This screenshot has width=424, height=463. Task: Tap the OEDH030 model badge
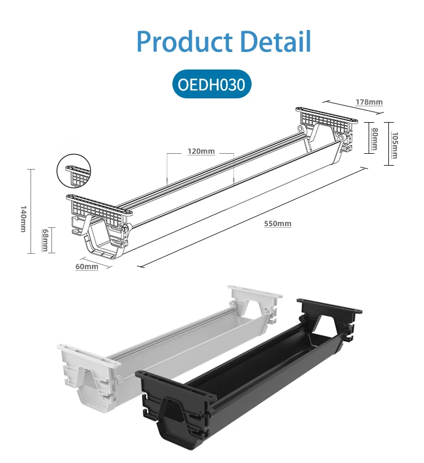(x=211, y=85)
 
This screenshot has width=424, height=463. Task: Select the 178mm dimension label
(x=369, y=102)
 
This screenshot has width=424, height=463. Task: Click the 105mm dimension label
(x=395, y=145)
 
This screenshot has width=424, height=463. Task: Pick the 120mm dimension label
(x=201, y=152)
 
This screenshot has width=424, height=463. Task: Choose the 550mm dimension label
(x=278, y=224)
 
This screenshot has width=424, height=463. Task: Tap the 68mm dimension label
(x=45, y=240)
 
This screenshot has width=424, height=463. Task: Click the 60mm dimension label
(x=86, y=266)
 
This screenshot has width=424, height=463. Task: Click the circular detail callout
(x=74, y=173)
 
